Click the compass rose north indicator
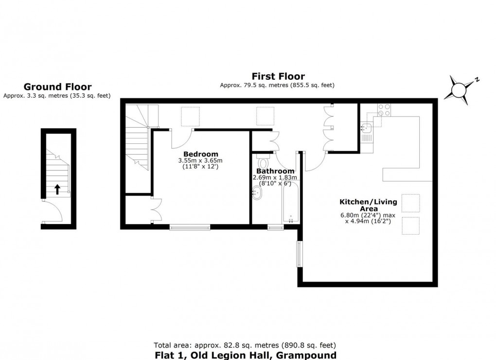[x=460, y=89]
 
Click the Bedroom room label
[x=204, y=154]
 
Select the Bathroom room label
[x=275, y=171]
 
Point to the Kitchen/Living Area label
[x=368, y=205]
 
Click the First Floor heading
[x=278, y=76]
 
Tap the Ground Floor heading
[x=57, y=87]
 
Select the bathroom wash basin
[x=257, y=193]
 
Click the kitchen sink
[x=366, y=128]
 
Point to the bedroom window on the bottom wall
[x=190, y=226]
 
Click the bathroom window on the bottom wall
[x=275, y=227]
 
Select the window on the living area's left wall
[x=300, y=254]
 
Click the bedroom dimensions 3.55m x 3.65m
[x=200, y=161]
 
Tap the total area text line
[x=245, y=345]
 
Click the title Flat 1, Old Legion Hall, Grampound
[x=245, y=355]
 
